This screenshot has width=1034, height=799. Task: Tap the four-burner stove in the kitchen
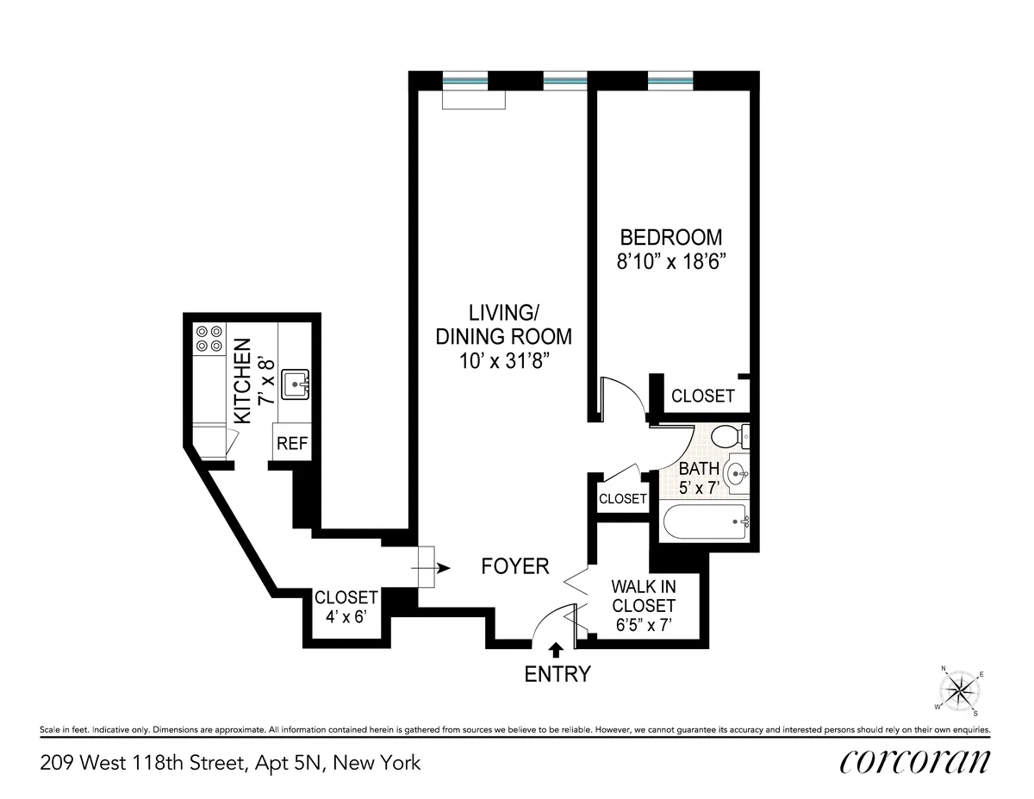pyautogui.click(x=208, y=338)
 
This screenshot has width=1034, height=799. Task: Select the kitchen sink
pyautogui.click(x=296, y=380)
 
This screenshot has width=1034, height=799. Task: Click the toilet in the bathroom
pyautogui.click(x=732, y=437)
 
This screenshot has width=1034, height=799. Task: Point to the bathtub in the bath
pyautogui.click(x=703, y=521)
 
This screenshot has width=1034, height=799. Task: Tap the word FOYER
pyautogui.click(x=514, y=566)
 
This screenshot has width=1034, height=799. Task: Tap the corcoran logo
pyautogui.click(x=913, y=761)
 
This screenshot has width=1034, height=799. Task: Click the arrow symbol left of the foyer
pyautogui.click(x=442, y=568)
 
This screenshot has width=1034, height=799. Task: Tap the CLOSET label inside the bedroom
pyautogui.click(x=702, y=396)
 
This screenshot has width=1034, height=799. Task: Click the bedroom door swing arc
pyautogui.click(x=626, y=397)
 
